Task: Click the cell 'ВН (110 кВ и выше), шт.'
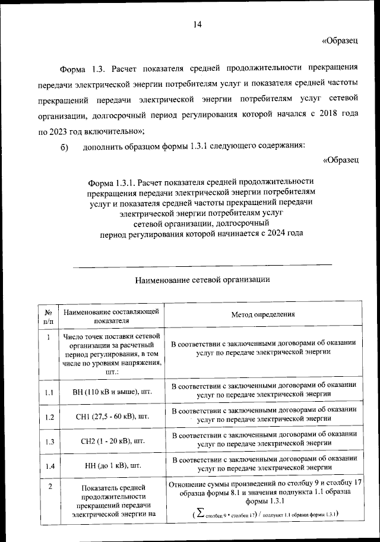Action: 111,392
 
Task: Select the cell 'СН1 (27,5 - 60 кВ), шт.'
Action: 111,416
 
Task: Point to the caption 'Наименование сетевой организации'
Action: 202,278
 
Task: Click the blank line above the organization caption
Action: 202,264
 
